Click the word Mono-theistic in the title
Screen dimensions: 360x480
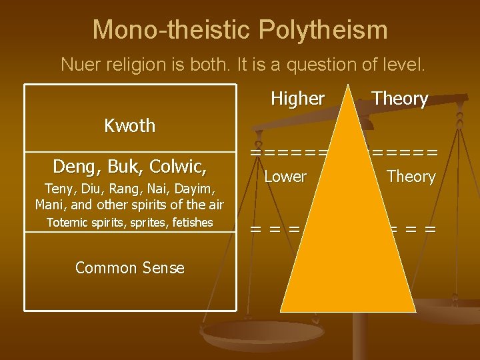(171, 30)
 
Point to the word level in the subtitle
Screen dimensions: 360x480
(406, 65)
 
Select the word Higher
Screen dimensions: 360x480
(297, 99)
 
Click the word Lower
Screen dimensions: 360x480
(285, 177)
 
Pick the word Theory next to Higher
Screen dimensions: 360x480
(400, 99)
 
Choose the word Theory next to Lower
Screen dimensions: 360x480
(411, 177)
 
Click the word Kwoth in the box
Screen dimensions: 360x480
(130, 125)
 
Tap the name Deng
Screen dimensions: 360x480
(74, 165)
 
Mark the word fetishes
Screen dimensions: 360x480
(191, 223)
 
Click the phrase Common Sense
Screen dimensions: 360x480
(130, 268)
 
